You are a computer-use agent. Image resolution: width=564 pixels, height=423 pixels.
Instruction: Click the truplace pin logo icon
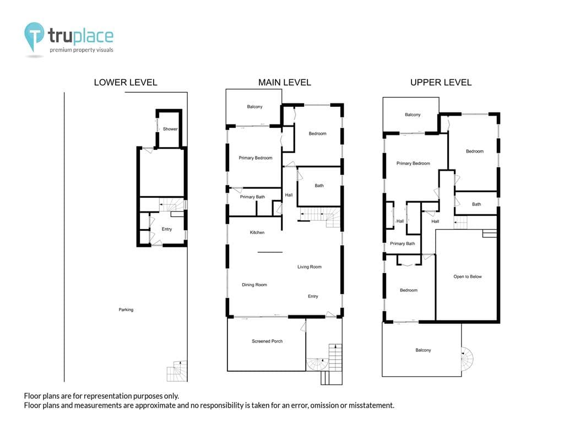(x=34, y=36)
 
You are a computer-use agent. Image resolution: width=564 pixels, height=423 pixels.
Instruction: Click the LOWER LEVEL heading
(x=126, y=83)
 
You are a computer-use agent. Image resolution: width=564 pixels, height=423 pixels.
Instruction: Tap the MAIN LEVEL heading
(x=285, y=83)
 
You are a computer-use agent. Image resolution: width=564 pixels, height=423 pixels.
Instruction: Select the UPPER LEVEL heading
(x=441, y=83)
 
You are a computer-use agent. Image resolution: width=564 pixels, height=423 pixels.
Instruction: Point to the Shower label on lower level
(x=170, y=129)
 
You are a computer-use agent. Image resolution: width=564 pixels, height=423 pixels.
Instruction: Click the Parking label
(x=126, y=310)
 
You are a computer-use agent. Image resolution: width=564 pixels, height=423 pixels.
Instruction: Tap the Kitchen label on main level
(x=257, y=232)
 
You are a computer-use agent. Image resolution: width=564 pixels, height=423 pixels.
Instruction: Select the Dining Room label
(x=254, y=285)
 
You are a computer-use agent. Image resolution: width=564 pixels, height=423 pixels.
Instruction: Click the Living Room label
(x=310, y=267)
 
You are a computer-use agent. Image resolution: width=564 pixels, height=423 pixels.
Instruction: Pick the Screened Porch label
(x=267, y=341)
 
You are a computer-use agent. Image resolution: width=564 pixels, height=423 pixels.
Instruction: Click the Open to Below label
(x=468, y=276)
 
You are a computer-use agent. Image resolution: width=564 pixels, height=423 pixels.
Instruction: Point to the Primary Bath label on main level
(x=252, y=197)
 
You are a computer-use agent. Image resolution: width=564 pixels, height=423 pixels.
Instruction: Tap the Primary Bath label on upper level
(x=403, y=243)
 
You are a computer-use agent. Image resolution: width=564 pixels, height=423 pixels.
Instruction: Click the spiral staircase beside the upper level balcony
(x=468, y=359)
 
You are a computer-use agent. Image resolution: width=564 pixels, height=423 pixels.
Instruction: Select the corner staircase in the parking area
(x=177, y=371)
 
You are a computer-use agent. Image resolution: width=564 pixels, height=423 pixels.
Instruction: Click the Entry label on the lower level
(x=167, y=229)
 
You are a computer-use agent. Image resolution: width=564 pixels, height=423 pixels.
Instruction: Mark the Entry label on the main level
(x=313, y=296)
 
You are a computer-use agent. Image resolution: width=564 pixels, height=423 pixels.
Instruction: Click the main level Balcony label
(x=254, y=107)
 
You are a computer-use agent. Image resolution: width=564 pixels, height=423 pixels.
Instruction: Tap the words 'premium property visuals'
(x=82, y=50)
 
